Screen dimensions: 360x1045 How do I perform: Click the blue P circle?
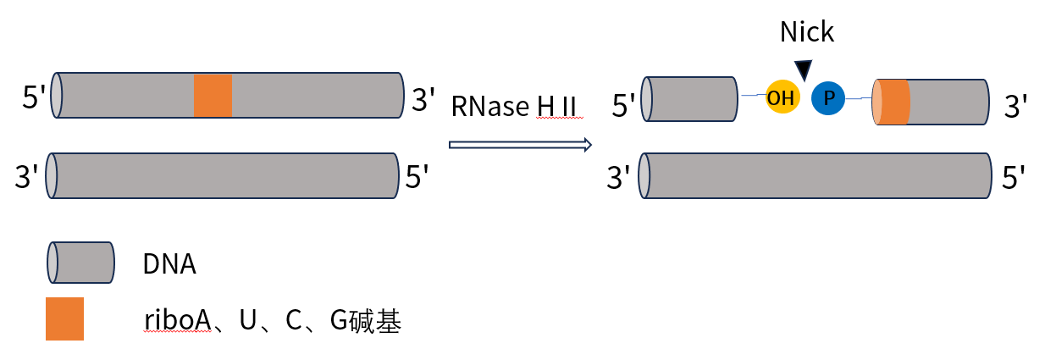coord(828,99)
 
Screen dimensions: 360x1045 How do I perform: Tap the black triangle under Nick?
coord(803,70)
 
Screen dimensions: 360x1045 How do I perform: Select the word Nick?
coord(806,32)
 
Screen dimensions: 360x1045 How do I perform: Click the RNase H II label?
coord(513,106)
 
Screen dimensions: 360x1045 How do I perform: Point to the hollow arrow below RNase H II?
coord(518,145)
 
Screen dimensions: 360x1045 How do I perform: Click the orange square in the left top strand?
coord(213,95)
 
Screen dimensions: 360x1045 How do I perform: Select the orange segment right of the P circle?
coord(893,102)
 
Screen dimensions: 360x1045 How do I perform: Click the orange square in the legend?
coord(64,318)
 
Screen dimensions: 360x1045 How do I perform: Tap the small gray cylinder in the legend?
coord(80,263)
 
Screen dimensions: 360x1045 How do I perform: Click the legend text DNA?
coord(169,265)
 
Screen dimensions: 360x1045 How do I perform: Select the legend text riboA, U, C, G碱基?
coord(272,321)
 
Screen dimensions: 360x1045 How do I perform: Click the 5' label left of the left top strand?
coord(35,99)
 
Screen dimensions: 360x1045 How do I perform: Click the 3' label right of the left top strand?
coord(423,99)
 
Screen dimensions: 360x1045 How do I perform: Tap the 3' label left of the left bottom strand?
coord(27,178)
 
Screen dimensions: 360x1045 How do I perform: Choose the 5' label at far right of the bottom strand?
coord(1015,178)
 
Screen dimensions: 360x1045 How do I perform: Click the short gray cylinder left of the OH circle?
coord(689,98)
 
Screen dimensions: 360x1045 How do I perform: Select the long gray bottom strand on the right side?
coord(816,176)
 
